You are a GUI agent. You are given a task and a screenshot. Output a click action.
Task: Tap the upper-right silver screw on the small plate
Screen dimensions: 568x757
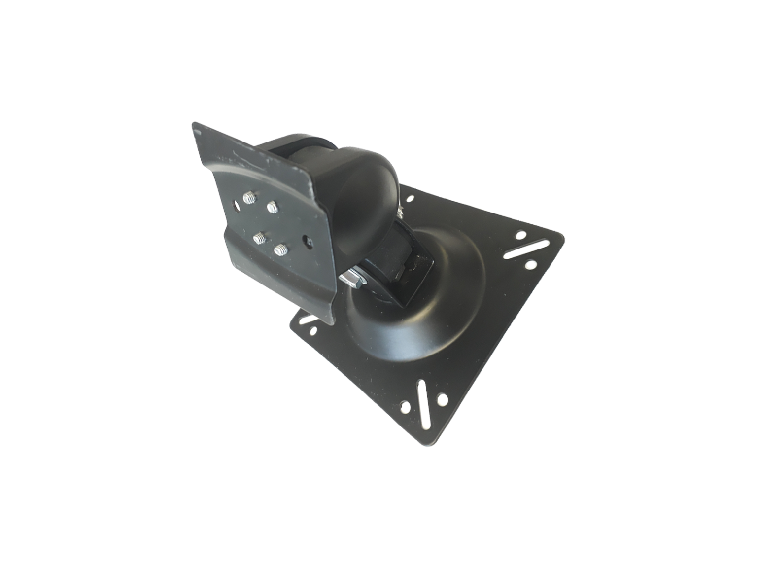(x=271, y=207)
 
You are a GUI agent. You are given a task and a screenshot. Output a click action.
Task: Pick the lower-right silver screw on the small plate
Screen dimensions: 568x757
(x=281, y=249)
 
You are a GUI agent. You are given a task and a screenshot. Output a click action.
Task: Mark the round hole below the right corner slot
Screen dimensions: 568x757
(x=531, y=265)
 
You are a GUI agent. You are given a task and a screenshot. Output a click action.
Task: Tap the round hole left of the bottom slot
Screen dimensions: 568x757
(x=406, y=407)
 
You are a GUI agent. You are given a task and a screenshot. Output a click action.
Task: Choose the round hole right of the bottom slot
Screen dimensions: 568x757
(x=442, y=398)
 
